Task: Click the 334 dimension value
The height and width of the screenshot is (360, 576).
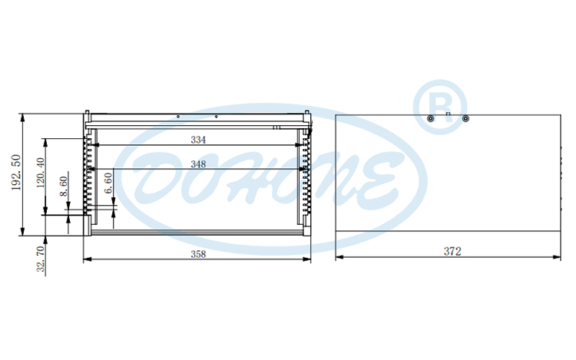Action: (197, 140)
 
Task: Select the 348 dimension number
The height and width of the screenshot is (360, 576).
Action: (197, 164)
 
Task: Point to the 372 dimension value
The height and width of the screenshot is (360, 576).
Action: (452, 251)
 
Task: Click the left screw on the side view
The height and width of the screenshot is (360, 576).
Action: (431, 118)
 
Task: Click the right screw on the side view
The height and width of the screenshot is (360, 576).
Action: (465, 118)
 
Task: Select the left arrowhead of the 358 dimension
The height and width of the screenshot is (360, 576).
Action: (85, 259)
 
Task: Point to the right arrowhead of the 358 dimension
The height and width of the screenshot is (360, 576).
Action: (310, 259)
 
